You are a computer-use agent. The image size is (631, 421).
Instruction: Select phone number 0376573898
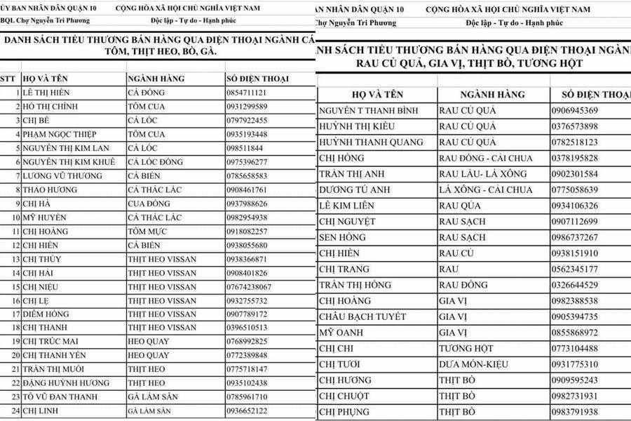[x=574, y=126]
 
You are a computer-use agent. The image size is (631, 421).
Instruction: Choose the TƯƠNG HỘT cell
[x=466, y=348]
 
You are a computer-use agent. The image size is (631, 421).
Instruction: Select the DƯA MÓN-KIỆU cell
[x=474, y=364]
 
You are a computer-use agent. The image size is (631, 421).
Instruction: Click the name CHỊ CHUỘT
[x=346, y=396]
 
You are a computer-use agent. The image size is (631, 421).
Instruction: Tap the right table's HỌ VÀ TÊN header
[x=376, y=95]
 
